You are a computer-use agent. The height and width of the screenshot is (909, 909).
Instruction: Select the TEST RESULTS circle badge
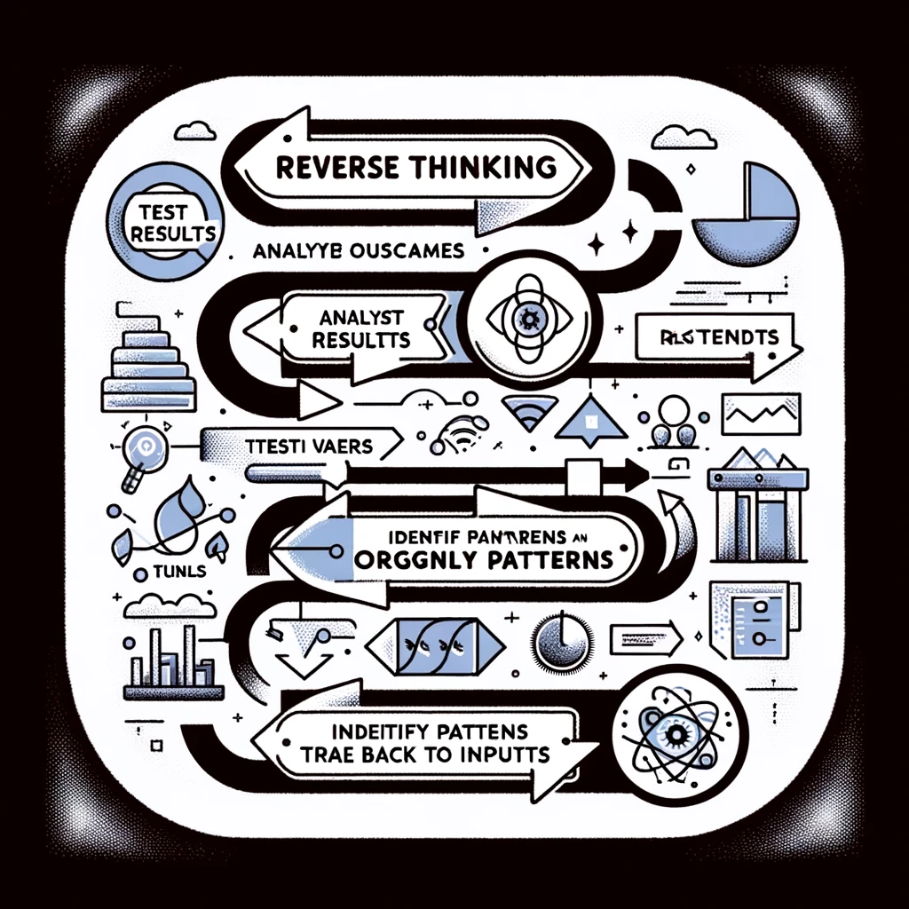click(x=160, y=221)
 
